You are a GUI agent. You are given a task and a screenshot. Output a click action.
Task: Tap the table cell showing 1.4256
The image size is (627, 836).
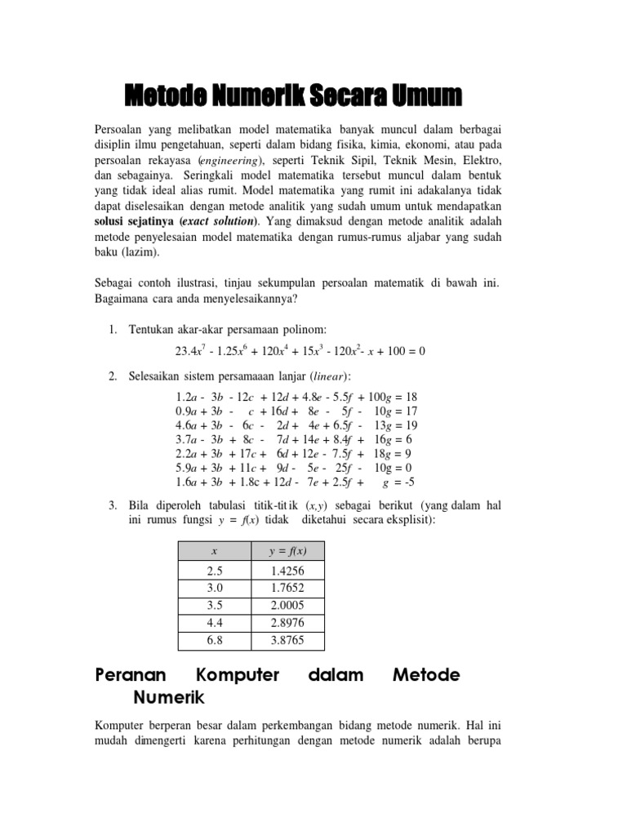[287, 571]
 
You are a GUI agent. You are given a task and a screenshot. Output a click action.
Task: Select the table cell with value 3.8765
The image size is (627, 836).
[287, 640]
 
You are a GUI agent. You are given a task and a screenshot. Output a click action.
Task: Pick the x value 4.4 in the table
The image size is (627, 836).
[214, 623]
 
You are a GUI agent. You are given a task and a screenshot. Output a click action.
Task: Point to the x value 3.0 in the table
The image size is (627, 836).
[214, 589]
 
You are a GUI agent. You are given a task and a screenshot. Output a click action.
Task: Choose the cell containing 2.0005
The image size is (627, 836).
[287, 606]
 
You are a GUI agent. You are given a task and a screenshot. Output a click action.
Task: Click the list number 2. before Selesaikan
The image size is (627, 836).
[113, 376]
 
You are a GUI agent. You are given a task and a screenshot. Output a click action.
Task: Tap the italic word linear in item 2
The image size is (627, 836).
[328, 376]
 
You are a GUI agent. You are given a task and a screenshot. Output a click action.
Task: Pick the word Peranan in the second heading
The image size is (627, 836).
[131, 675]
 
